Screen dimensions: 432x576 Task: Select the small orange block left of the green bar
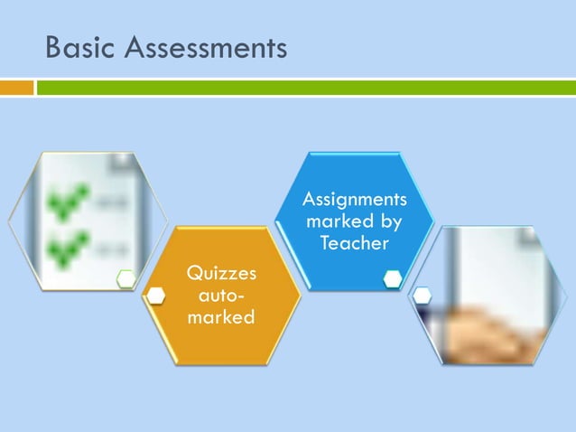(16, 88)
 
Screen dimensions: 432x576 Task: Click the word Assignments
(355, 199)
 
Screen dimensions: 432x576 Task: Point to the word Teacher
(355, 243)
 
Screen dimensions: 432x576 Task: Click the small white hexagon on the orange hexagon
(156, 296)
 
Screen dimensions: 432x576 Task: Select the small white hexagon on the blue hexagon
(392, 279)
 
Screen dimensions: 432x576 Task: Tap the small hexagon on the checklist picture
(125, 279)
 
